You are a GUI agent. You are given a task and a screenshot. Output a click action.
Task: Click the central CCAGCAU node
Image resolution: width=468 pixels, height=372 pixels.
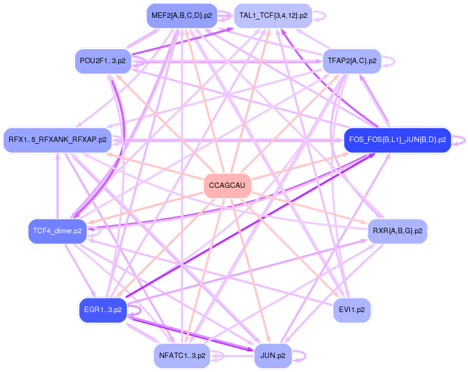tap(227, 186)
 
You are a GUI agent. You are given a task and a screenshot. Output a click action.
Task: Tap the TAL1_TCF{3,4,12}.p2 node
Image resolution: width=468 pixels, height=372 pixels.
tap(273, 16)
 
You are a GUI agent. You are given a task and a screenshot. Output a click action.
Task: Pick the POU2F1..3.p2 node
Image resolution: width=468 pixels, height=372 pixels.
tap(103, 60)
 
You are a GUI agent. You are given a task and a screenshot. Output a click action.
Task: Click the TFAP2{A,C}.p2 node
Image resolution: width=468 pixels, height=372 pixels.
tap(352, 60)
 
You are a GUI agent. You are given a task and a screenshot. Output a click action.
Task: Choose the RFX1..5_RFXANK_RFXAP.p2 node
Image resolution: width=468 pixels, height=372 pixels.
tap(57, 140)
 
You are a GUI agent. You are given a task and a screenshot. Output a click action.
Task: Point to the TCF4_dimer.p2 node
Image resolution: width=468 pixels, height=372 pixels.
tap(57, 231)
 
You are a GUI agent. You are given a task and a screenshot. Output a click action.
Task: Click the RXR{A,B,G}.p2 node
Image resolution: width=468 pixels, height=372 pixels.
tap(397, 231)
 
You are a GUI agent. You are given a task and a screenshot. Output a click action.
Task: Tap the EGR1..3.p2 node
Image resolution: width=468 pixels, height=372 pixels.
tap(103, 310)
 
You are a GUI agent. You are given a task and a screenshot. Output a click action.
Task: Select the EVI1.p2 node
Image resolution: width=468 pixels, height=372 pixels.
tap(352, 310)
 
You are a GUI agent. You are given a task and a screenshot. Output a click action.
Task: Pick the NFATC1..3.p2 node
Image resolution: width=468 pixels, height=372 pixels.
tap(182, 355)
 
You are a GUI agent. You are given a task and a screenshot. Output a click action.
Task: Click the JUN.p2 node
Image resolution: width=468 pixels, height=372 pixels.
tap(273, 355)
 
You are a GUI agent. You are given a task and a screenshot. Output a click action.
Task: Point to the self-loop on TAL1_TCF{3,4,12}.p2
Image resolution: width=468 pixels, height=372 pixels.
tap(321, 16)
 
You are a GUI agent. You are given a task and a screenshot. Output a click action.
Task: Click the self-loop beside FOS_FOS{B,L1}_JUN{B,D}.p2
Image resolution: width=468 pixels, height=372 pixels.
tap(459, 140)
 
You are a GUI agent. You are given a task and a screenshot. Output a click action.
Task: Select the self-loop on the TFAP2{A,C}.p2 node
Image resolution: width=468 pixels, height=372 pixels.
tap(391, 60)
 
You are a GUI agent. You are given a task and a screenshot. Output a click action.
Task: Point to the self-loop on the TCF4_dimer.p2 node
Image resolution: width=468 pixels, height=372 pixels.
tap(96, 231)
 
